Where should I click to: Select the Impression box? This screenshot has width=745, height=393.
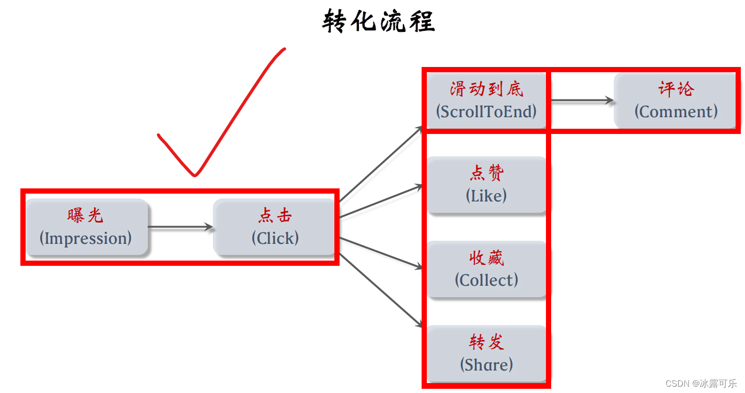coord(87,227)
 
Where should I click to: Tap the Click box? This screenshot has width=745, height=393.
coord(274,227)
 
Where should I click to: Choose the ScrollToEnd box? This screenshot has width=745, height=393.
coord(486,100)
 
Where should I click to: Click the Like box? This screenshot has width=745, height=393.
coord(486,185)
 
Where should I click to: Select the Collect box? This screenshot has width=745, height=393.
coord(486,270)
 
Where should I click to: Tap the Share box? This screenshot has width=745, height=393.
coord(486,354)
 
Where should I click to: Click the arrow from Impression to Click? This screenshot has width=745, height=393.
coord(180,227)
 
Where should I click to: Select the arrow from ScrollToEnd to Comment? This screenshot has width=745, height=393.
coord(581,100)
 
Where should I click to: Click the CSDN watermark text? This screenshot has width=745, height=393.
coord(701,383)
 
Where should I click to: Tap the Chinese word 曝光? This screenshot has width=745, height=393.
coord(85,216)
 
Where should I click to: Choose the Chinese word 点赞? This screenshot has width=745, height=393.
coord(486,173)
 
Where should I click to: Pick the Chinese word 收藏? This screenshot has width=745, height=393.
coord(486,258)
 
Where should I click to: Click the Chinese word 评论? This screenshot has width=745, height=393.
coord(676,89)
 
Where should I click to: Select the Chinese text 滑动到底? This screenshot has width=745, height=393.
coord(486,89)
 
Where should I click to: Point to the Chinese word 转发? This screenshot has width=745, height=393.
coord(486,342)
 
